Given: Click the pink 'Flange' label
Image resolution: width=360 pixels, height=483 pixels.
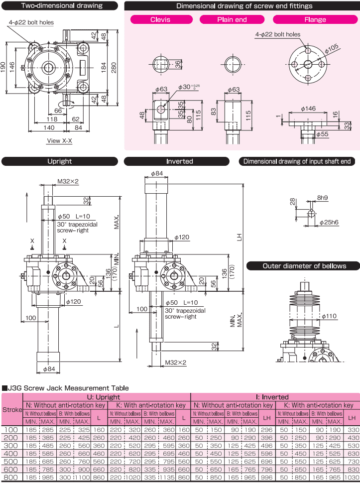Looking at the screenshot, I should (x=315, y=20).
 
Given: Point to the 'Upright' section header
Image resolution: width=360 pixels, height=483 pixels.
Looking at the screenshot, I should (x=60, y=161).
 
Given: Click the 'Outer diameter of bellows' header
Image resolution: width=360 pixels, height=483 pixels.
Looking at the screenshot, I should (x=304, y=266).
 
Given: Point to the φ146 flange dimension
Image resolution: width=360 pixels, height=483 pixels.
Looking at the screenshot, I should (x=309, y=108).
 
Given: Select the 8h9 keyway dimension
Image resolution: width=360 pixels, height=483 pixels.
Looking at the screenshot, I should (x=323, y=198).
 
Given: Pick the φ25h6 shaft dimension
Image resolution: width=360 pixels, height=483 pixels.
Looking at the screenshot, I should (x=329, y=222).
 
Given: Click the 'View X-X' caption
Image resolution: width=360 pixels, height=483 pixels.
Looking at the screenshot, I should (x=59, y=141).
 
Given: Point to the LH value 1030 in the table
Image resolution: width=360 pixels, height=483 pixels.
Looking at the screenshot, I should (x=352, y=477).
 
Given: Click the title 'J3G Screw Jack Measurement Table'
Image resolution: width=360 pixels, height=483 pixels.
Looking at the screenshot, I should (x=67, y=388).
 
